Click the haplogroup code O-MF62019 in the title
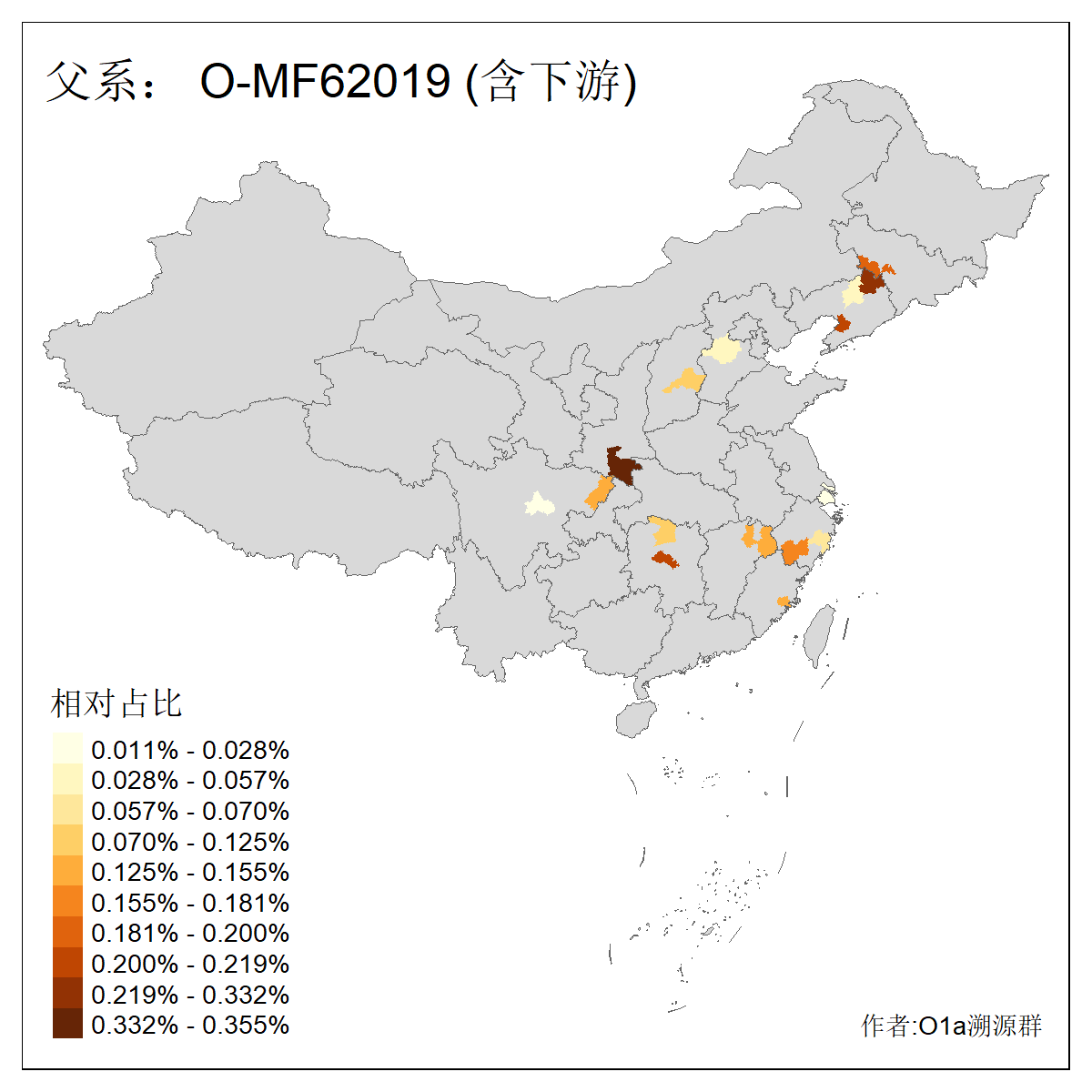click(325, 82)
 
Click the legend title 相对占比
click(116, 703)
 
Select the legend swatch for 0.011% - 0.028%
click(67, 749)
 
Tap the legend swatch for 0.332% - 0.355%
click(67, 1024)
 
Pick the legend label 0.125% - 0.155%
click(190, 872)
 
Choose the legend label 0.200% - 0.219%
click(190, 964)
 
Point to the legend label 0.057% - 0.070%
click(190, 811)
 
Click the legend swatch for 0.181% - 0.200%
click(67, 933)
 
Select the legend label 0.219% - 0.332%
click(190, 995)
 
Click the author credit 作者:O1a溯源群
click(951, 1026)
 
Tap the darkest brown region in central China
click(623, 466)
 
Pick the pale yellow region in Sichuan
click(540, 503)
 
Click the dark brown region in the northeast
click(871, 280)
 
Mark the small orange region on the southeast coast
click(783, 602)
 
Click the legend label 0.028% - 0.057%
click(190, 780)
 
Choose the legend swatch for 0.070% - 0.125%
click(67, 841)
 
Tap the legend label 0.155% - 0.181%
click(190, 903)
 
